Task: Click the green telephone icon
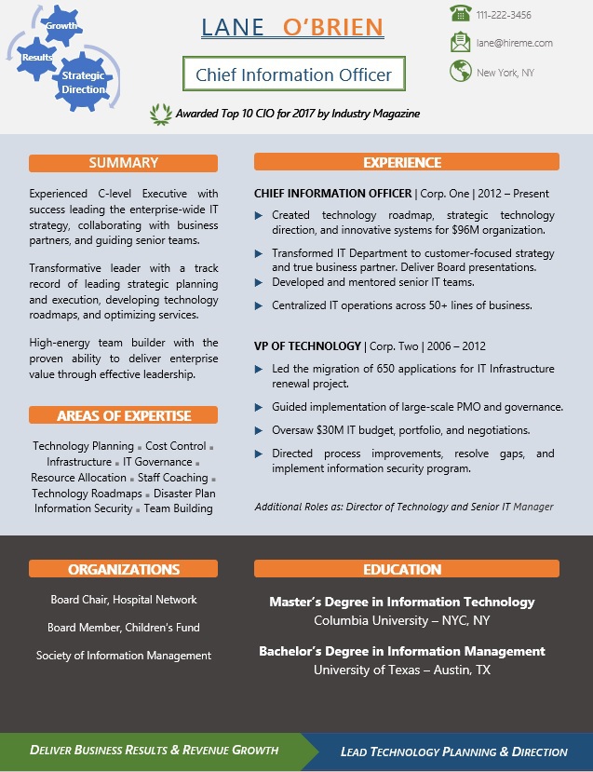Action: point(460,14)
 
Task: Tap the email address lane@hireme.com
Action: point(514,43)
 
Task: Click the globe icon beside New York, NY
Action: point(460,71)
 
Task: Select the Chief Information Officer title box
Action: point(294,74)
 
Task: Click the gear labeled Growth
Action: point(61,25)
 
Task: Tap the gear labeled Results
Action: point(37,58)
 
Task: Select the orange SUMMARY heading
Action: point(124,163)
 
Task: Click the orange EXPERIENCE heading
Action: point(402,163)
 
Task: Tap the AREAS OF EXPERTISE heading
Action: point(124,415)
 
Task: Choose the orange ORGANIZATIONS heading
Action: point(124,569)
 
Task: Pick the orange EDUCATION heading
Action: point(402,569)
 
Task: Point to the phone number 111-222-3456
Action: point(504,15)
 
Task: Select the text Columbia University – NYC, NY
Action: point(402,620)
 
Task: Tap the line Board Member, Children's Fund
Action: point(124,628)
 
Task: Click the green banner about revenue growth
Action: point(154,750)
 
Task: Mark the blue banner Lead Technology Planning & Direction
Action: point(454,752)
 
